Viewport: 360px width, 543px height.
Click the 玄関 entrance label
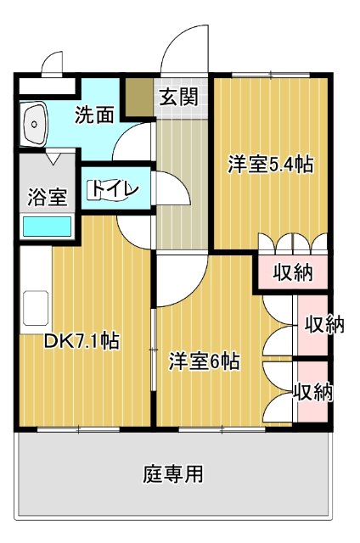pos(178,97)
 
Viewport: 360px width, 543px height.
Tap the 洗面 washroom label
pos(94,115)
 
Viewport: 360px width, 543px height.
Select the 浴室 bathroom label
pos(47,198)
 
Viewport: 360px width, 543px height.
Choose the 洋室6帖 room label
pos(204,361)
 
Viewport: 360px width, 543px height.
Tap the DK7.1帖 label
pos(81,342)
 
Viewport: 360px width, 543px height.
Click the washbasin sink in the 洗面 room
pos(36,124)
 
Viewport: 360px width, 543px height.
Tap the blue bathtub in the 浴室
pos(46,227)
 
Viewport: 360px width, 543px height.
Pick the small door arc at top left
pos(53,64)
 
